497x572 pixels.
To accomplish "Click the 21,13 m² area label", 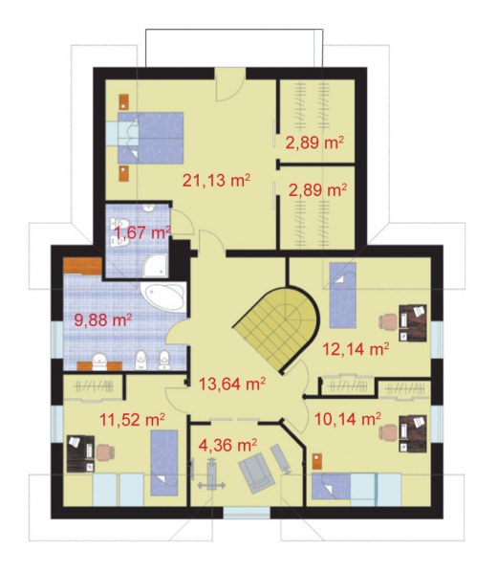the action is coord(216,180).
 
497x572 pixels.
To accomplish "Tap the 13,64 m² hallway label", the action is coord(232,384).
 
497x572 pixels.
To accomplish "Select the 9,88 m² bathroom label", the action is coord(103,320).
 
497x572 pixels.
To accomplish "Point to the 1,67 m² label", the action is coord(142,232).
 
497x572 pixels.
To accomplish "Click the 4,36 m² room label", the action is coord(227,445).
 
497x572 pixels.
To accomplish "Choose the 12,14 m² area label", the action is coord(356,349).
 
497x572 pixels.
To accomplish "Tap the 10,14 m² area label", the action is coord(348,419).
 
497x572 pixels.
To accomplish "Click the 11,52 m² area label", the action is coord(132,420).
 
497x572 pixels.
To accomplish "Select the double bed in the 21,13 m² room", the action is coord(150,138).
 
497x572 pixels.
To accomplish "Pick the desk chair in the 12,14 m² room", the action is coord(388,322).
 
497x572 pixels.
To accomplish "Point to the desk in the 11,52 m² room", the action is coord(81,453).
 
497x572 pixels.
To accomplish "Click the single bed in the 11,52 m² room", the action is coord(164,463).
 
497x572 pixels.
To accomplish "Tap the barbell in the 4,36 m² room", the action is coord(211,474).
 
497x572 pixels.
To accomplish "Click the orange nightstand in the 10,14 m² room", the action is coord(317,461).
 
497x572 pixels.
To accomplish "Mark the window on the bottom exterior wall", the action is coord(247,513).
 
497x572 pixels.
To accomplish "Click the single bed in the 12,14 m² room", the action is coord(343,296).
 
